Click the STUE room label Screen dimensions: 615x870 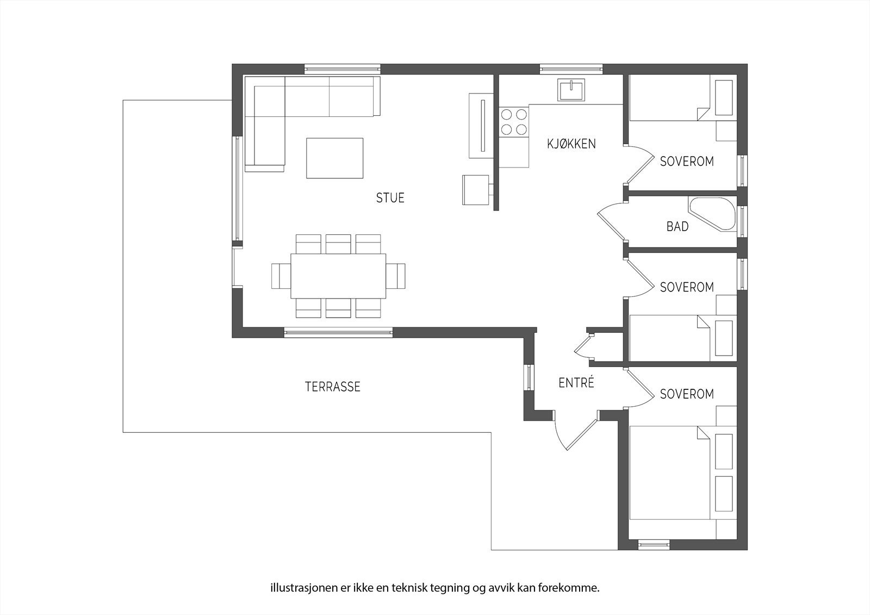[390, 198]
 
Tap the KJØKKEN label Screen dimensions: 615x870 [571, 144]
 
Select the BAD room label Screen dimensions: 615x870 [678, 226]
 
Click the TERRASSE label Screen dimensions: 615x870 [332, 387]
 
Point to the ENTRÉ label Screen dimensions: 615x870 [576, 383]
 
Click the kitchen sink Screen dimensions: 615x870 [570, 90]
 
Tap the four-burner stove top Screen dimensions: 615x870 [514, 122]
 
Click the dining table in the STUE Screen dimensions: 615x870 [338, 276]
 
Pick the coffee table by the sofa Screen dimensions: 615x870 [334, 158]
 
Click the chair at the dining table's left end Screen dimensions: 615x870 [281, 276]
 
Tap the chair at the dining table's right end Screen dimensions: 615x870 [396, 276]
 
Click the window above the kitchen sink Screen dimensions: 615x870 [571, 69]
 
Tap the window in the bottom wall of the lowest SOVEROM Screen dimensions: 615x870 [654, 544]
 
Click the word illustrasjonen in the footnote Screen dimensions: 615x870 [296, 588]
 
